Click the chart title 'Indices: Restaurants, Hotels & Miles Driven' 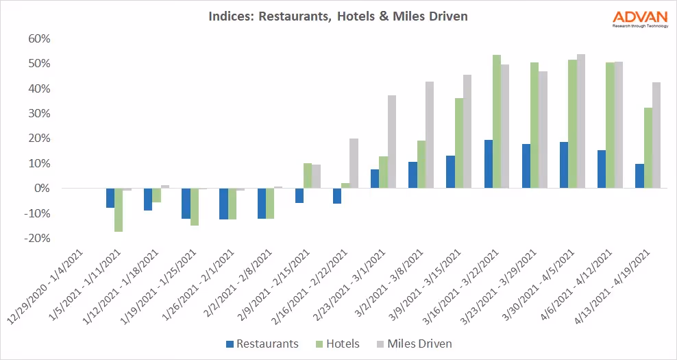click(x=338, y=16)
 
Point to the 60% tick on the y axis click(x=39, y=38)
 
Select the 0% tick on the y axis click(x=42, y=188)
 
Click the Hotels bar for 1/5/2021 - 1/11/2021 click(x=119, y=210)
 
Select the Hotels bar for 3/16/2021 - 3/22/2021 click(x=497, y=121)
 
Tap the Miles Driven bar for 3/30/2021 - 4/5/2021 click(x=581, y=121)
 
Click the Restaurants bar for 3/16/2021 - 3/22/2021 click(x=489, y=164)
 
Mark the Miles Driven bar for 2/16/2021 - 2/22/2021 click(x=354, y=163)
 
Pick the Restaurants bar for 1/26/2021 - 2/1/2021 click(x=223, y=204)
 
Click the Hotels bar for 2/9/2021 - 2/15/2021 click(x=308, y=176)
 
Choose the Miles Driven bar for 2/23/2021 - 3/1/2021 click(x=392, y=141)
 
